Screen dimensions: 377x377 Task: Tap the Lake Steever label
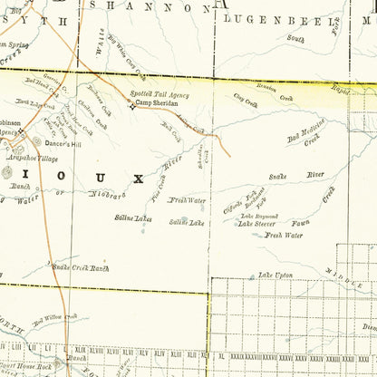pos(258,223)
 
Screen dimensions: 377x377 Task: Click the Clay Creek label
pos(246,104)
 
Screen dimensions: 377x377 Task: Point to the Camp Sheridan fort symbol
pos(130,104)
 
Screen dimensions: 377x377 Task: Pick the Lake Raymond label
pos(259,216)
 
